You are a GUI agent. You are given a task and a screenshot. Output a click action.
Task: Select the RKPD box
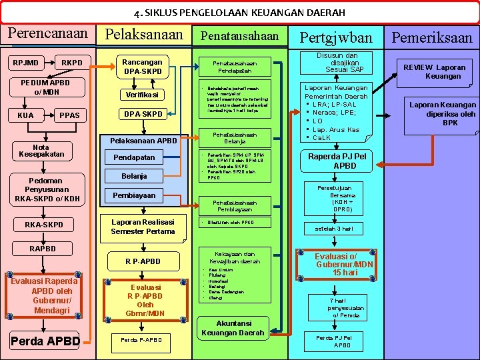pyautogui.click(x=72, y=63)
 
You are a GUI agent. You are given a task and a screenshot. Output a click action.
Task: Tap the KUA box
pyautogui.click(x=26, y=115)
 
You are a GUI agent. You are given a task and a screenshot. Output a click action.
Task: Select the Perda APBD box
pyautogui.click(x=45, y=342)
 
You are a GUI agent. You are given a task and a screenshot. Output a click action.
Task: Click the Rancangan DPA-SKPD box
pyautogui.click(x=142, y=66)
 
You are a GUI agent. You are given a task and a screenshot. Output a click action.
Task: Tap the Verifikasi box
pyautogui.click(x=142, y=95)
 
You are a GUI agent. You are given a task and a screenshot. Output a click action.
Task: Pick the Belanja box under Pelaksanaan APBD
pyautogui.click(x=134, y=176)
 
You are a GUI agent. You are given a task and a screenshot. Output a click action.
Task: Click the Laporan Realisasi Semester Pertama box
pyautogui.click(x=142, y=227)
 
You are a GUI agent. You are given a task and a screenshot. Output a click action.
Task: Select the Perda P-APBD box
pyautogui.click(x=141, y=340)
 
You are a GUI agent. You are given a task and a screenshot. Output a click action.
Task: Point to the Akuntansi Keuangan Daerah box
pyautogui.click(x=233, y=328)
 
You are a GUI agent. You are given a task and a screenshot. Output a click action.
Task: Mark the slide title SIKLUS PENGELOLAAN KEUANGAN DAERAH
pyautogui.click(x=239, y=13)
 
